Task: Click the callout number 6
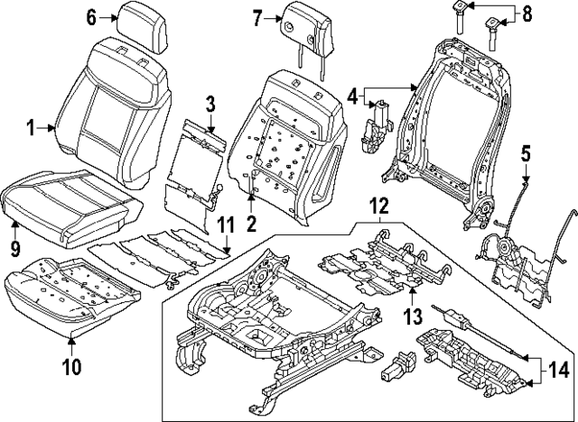click(91, 17)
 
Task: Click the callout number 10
click(70, 366)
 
